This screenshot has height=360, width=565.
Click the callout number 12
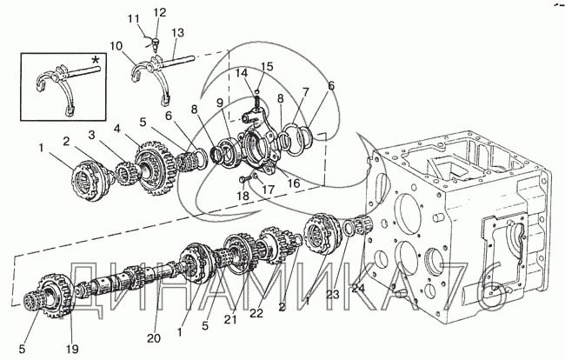click(160, 13)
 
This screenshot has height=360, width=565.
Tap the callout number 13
click(177, 33)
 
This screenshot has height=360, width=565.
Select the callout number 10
click(116, 46)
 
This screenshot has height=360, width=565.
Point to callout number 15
click(267, 67)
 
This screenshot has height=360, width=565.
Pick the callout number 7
click(306, 93)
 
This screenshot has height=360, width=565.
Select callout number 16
click(294, 183)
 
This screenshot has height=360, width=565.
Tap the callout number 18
click(243, 196)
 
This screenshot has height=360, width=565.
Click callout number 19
click(72, 348)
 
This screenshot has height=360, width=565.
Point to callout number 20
click(154, 338)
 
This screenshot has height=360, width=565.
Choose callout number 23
click(333, 295)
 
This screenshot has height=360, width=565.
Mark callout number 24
click(358, 289)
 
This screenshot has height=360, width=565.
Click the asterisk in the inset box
click(96, 60)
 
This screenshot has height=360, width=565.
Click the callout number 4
click(118, 128)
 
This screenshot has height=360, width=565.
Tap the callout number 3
click(92, 135)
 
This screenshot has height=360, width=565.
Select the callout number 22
click(256, 313)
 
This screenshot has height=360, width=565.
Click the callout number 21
click(230, 319)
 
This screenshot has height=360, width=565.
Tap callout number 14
click(242, 74)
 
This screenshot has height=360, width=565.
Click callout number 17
click(269, 190)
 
